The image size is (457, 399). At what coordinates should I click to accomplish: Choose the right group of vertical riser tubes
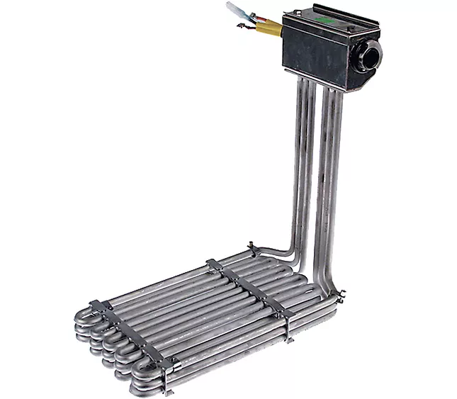[330, 177]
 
